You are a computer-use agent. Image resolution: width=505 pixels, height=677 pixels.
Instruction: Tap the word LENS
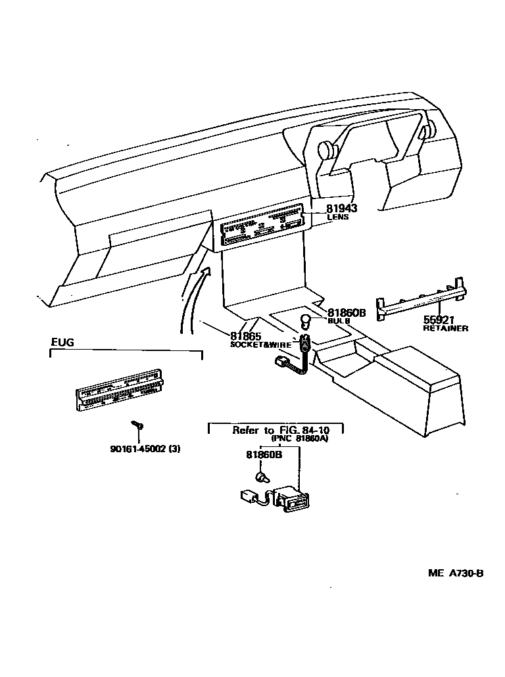[338, 218]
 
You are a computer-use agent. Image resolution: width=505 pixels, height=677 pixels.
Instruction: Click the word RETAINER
[446, 328]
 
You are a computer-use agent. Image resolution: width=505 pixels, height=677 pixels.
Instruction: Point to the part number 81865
[246, 335]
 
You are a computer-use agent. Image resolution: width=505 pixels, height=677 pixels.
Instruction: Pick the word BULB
[339, 321]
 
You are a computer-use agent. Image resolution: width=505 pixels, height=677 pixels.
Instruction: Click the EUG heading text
[62, 342]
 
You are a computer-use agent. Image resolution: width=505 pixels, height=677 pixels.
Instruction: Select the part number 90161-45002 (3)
[145, 450]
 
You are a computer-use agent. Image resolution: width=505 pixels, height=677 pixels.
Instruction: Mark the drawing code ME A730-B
[456, 573]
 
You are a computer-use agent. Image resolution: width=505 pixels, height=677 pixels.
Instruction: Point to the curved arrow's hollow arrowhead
[204, 270]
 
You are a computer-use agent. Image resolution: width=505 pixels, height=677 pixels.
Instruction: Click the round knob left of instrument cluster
[325, 150]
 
